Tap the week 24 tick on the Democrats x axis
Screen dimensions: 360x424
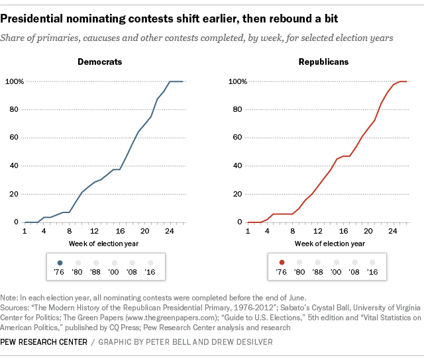[169, 232]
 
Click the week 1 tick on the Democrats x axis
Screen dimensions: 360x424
[24, 232]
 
